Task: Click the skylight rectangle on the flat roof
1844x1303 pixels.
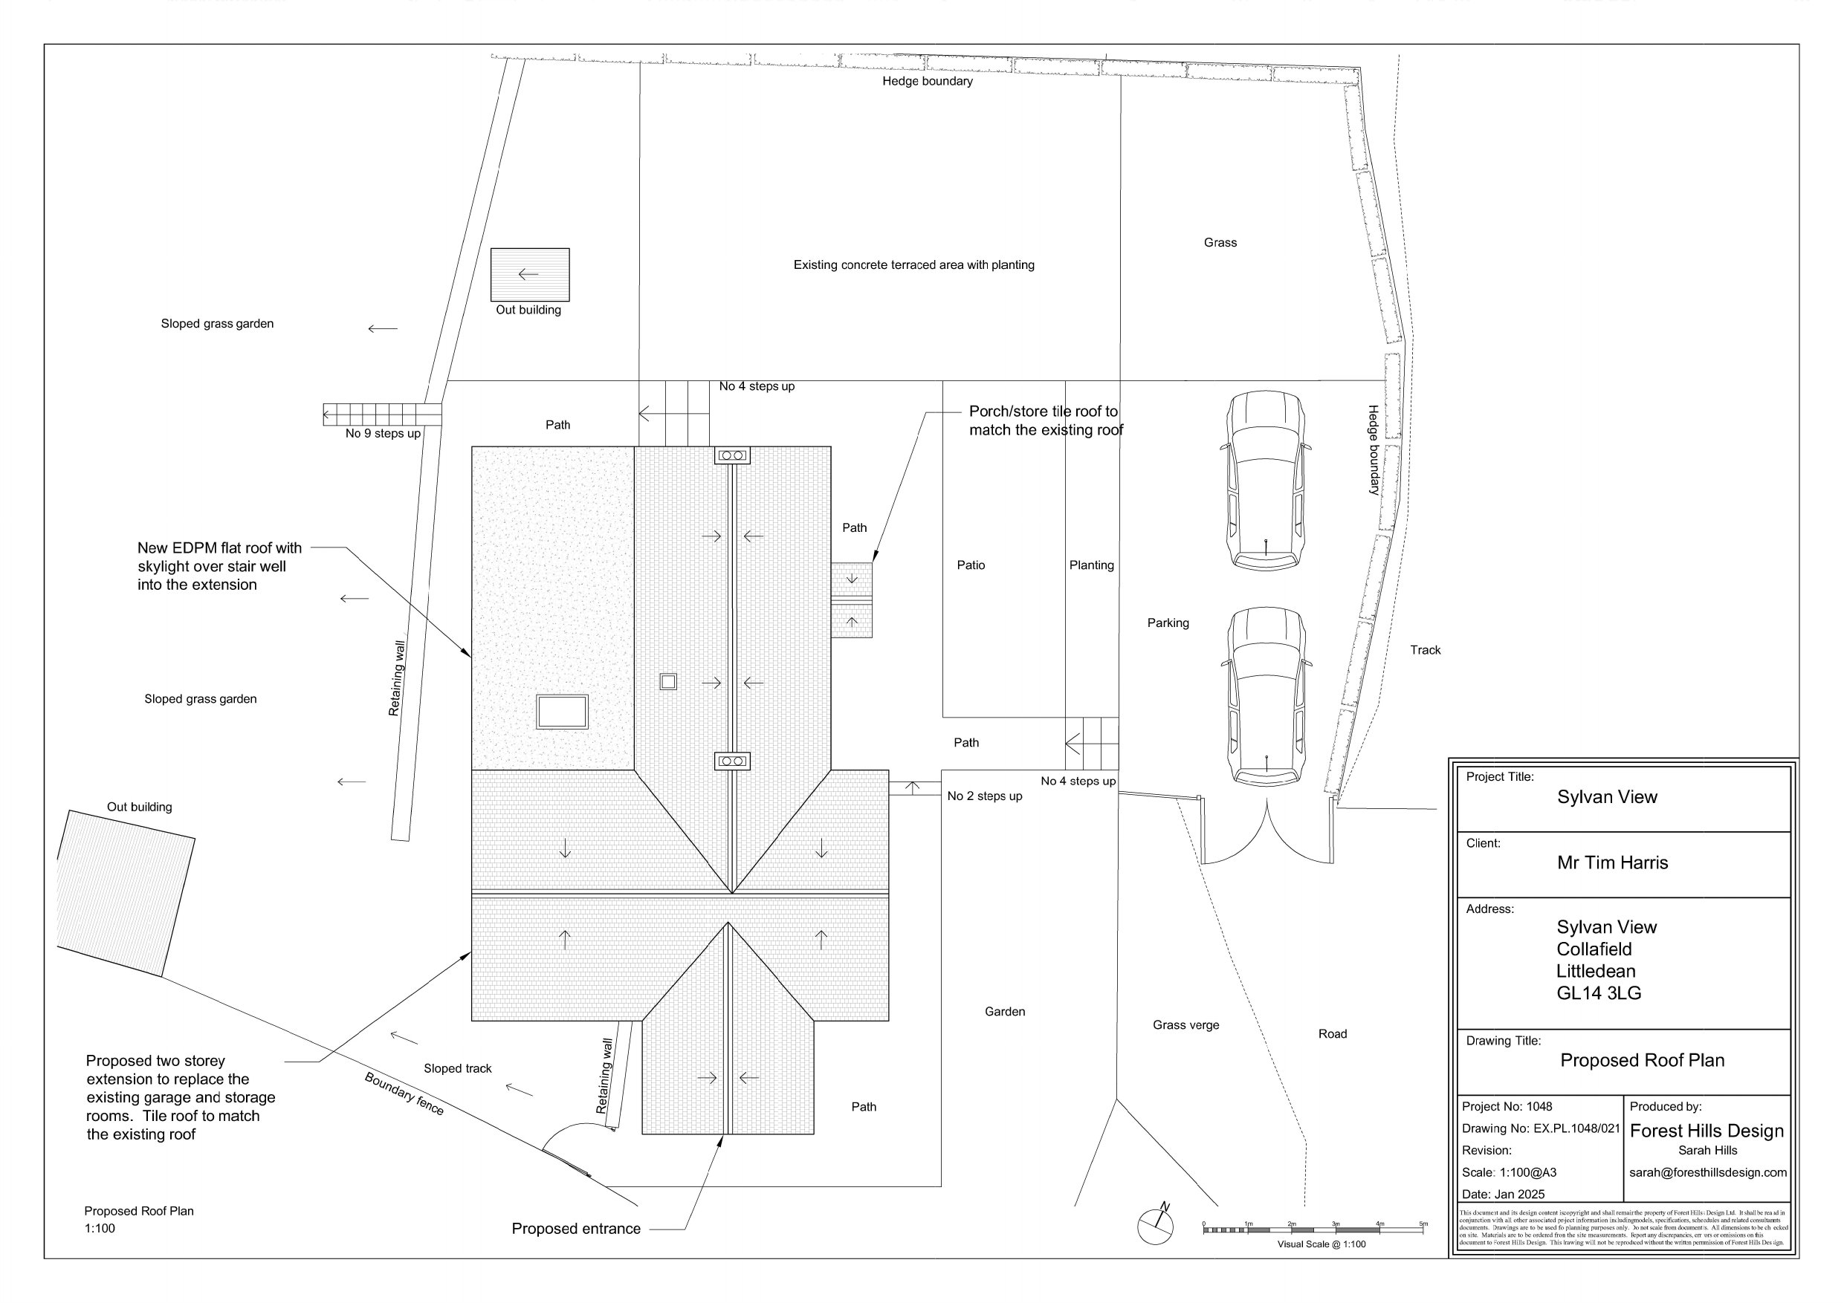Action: pos(562,712)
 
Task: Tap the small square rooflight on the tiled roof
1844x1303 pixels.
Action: pos(667,682)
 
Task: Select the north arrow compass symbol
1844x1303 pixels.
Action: pos(1156,1224)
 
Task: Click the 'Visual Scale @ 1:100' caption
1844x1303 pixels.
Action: pos(1321,1244)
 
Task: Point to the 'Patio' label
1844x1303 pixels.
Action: pos(970,565)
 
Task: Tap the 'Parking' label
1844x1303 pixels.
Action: pos(1168,623)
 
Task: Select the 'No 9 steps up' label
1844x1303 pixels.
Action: pos(382,434)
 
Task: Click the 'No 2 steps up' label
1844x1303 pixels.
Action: pos(984,796)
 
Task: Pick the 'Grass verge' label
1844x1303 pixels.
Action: pos(1185,1025)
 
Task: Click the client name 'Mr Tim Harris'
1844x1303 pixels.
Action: pos(1612,863)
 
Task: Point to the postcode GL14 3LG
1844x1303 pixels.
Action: pos(1598,993)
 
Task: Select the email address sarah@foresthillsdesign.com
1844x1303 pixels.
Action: pos(1707,1173)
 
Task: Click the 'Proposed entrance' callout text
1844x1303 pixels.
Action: pos(576,1229)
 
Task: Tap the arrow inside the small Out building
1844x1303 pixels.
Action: pos(528,275)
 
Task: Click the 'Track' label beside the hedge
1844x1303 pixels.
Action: pos(1425,650)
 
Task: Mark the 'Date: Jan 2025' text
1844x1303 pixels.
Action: pos(1503,1195)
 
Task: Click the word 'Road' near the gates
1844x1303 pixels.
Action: pos(1332,1034)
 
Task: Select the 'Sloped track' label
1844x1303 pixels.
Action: pos(457,1068)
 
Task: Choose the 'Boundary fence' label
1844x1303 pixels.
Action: pos(404,1094)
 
